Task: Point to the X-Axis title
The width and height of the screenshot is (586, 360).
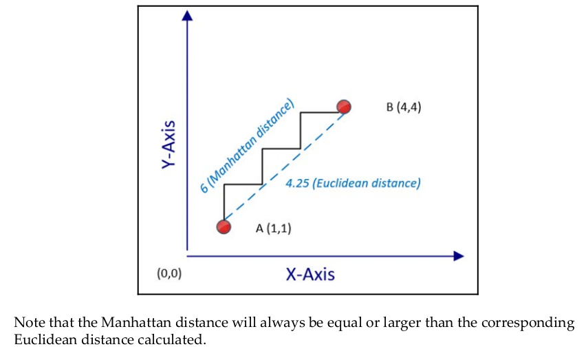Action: pos(310,274)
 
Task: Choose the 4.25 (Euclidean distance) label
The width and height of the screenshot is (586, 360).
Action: pos(353,184)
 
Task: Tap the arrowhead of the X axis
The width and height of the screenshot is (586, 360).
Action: pos(459,256)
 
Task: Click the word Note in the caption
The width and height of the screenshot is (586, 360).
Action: pos(28,323)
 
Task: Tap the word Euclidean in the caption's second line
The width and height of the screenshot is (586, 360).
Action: pos(41,339)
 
